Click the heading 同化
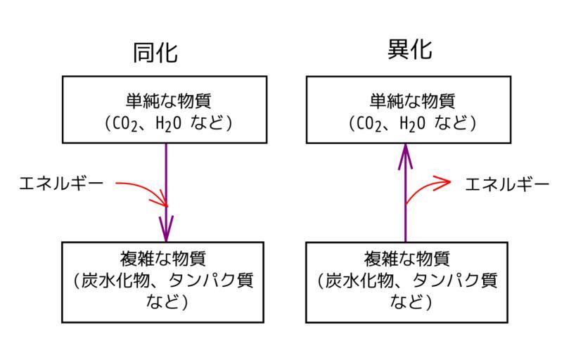[x=155, y=53]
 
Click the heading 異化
[x=409, y=50]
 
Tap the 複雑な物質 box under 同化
[x=163, y=282]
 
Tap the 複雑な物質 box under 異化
[x=407, y=282]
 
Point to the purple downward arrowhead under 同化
[x=166, y=229]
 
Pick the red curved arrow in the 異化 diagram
[x=429, y=188]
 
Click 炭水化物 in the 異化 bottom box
[x=357, y=281]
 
